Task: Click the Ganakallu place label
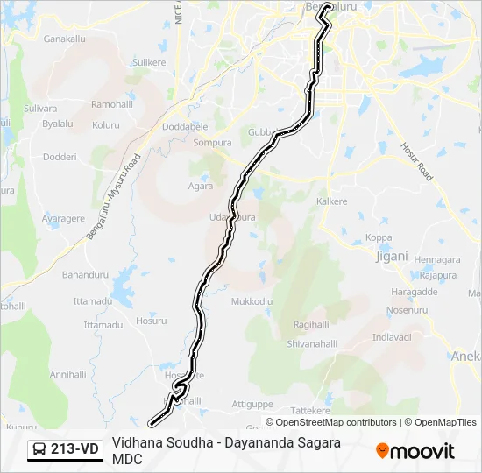tap(64, 39)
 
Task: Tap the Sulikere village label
tap(148, 63)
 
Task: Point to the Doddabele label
tap(185, 126)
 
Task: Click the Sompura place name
tap(212, 142)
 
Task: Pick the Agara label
tap(201, 186)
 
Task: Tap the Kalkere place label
tap(332, 201)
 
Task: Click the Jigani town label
tap(391, 257)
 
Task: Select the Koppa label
tap(379, 237)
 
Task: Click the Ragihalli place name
tap(311, 324)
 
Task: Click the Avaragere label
tap(63, 219)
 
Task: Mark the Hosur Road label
tap(417, 162)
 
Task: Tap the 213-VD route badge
tap(66, 449)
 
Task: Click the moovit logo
tap(415, 451)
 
